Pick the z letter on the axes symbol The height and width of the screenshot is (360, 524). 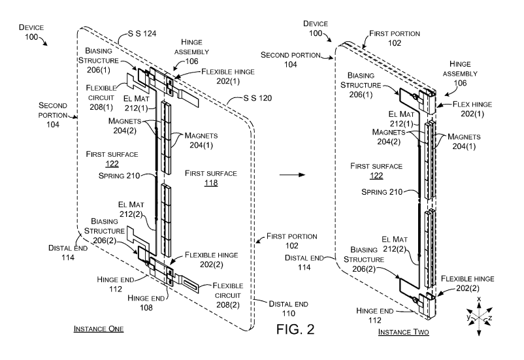point(499,318)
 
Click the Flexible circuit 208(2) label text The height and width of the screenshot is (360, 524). point(228,291)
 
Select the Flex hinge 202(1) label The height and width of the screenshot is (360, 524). point(469,108)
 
